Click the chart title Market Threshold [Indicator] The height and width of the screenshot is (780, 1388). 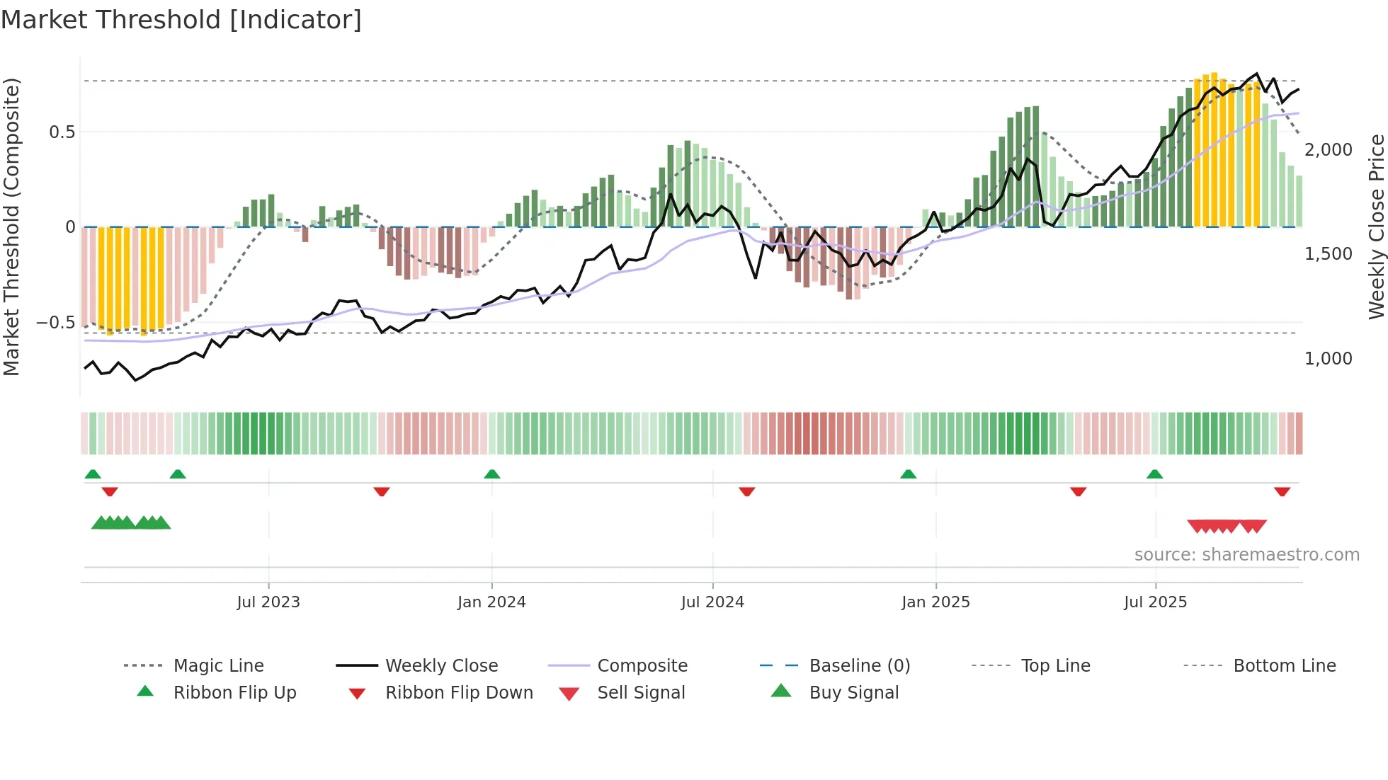[181, 20]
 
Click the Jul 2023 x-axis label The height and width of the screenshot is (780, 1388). [268, 602]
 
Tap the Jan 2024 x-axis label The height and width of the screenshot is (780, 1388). [491, 602]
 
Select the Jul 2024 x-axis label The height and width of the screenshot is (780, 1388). [712, 602]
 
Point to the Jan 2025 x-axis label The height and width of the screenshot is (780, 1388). [935, 602]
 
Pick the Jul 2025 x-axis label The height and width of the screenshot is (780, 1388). [1155, 602]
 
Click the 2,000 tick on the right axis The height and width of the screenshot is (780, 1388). [1328, 150]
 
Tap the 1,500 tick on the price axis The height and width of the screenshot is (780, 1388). [1328, 254]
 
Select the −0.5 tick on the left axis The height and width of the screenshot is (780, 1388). [55, 323]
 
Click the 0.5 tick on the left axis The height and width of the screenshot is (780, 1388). [62, 132]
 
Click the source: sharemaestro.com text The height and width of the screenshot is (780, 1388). [1246, 555]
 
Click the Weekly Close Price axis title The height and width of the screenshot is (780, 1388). [1376, 226]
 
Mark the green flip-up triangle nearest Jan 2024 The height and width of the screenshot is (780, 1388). [492, 474]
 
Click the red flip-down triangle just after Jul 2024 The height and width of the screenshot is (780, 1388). [747, 491]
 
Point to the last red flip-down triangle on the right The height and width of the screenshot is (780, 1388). [1282, 491]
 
